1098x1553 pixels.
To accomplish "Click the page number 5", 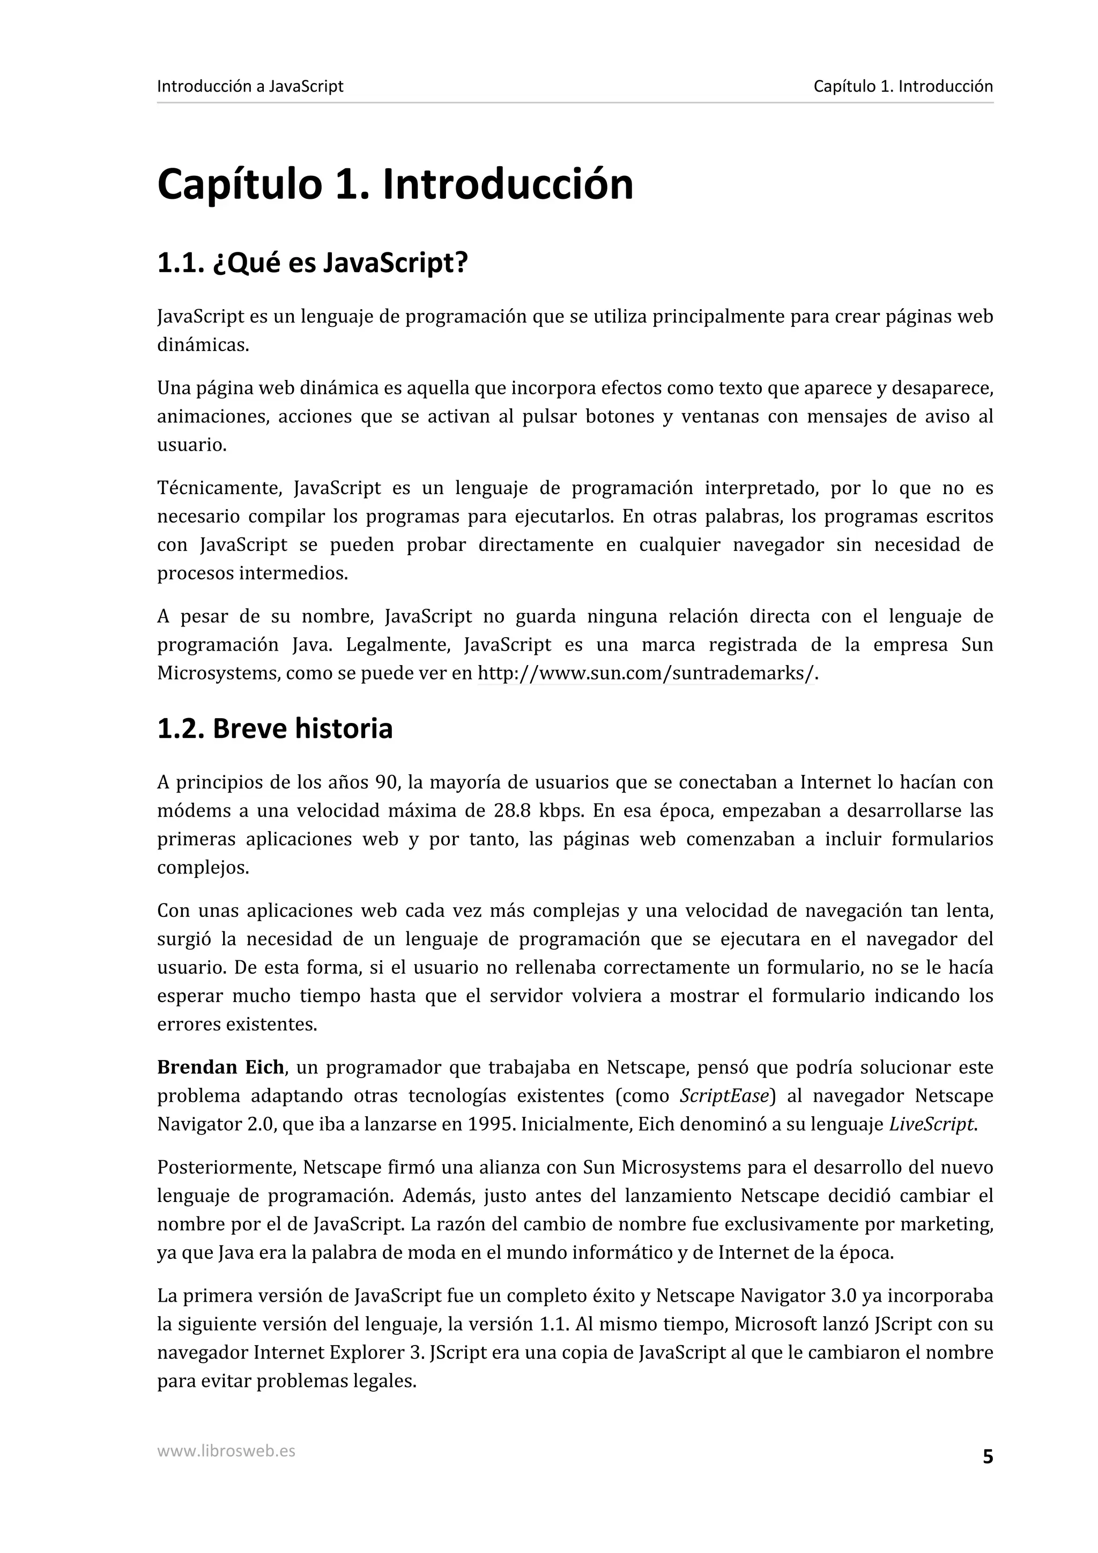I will click(987, 1457).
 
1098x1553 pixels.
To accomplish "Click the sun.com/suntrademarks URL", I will click(647, 674).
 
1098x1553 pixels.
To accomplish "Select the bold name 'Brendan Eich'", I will click(220, 1067).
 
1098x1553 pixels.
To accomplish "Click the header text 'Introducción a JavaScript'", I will click(250, 87).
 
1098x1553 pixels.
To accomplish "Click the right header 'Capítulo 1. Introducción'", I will click(902, 87).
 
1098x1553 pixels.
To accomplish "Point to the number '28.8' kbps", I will click(512, 810).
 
